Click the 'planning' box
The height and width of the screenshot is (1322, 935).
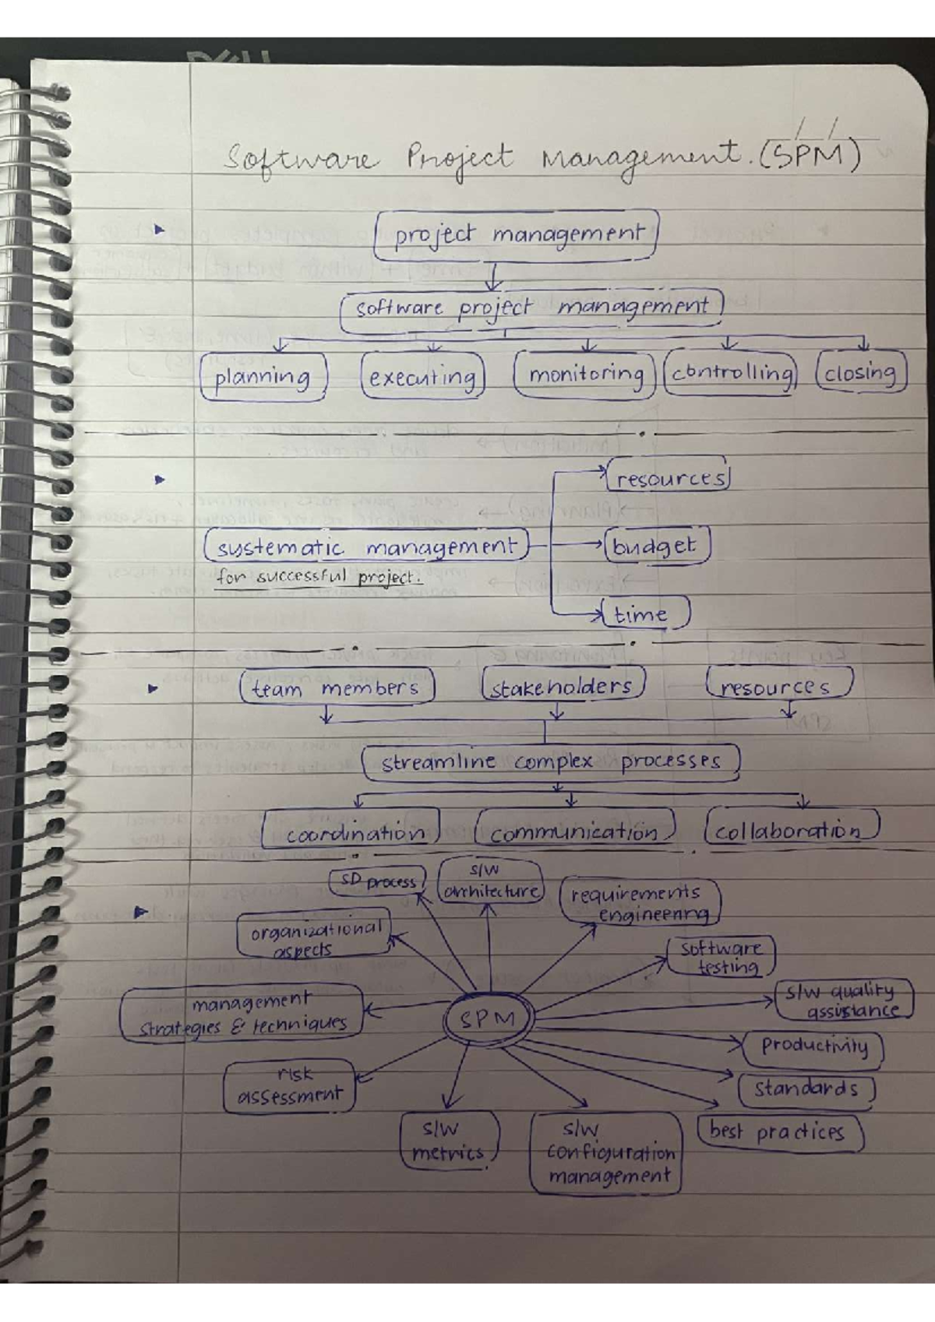tap(263, 377)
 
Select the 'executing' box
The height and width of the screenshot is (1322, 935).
tap(422, 377)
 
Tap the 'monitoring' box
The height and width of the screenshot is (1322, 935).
tap(585, 374)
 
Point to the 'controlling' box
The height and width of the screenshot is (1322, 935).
tap(731, 373)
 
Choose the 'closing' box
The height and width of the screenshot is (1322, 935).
tap(860, 373)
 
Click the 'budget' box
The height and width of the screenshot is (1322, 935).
tap(656, 546)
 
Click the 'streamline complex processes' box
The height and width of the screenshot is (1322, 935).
tap(550, 761)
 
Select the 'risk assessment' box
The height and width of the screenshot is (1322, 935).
tap(290, 1085)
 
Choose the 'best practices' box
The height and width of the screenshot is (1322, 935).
tap(779, 1131)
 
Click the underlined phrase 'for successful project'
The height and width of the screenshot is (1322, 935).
tap(319, 578)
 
